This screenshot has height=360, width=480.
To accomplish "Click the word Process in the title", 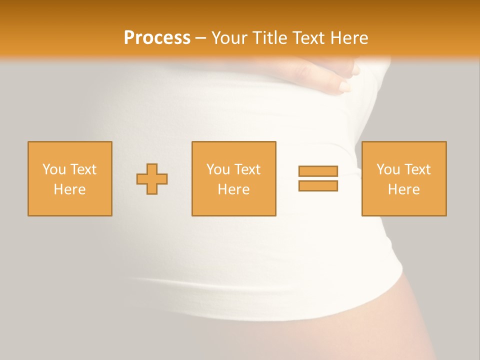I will [x=157, y=37].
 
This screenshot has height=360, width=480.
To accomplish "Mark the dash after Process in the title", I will [x=201, y=38].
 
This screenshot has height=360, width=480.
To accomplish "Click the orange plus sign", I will [x=152, y=179].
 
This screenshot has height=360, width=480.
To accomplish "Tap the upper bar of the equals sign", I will [x=318, y=171].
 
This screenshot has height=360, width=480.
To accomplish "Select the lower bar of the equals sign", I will [x=318, y=186].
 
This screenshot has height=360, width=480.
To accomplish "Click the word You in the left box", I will [x=54, y=169].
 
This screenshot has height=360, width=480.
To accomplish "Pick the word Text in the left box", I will [x=83, y=169].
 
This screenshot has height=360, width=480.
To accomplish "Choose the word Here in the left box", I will [x=69, y=189].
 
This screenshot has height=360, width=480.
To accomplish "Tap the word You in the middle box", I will [x=218, y=169].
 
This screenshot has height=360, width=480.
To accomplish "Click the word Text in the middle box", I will [x=247, y=169].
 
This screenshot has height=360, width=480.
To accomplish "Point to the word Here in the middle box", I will [x=233, y=189].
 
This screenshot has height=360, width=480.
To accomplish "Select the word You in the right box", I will [x=388, y=169].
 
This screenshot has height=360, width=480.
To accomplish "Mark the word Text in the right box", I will [x=417, y=169].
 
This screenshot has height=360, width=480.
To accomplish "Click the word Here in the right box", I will [x=403, y=189].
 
